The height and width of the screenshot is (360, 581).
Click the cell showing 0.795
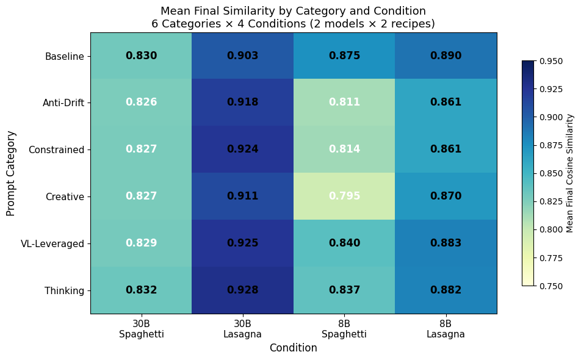pos(344,196)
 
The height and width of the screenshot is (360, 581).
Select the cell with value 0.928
pos(242,290)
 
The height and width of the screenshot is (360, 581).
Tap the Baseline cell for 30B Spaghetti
pos(141,56)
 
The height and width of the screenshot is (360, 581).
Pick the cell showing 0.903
pos(242,56)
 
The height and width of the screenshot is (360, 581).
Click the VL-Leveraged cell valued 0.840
pos(344,243)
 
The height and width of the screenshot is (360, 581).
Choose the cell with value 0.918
pos(242,103)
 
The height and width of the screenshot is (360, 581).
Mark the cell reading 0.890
pos(446,56)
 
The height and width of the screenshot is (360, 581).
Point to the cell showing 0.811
pos(344,103)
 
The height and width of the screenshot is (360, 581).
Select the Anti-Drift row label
pos(63,103)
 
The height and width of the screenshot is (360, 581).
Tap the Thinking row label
pos(65,290)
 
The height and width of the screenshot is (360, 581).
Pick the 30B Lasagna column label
pos(242,329)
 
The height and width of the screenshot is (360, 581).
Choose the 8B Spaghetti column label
pos(344,329)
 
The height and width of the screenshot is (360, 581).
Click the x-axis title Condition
pos(294,348)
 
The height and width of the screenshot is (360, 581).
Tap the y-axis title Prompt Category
pos(11,173)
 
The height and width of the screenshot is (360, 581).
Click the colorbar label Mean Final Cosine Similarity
pos(570,173)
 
